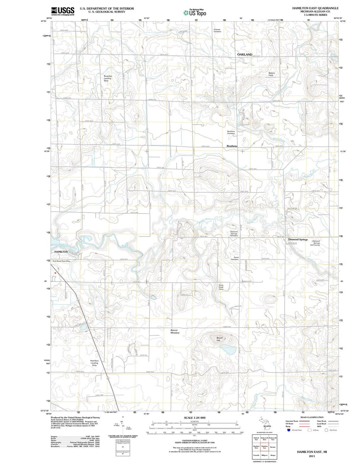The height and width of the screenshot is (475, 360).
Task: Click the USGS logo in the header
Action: point(63,11)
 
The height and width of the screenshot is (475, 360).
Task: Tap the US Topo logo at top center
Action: point(195,13)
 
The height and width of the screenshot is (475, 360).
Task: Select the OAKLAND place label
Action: point(245,54)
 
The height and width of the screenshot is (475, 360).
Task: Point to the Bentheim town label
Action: point(232,146)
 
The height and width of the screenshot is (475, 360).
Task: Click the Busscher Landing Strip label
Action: point(108,78)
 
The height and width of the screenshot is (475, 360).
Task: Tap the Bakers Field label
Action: point(271,74)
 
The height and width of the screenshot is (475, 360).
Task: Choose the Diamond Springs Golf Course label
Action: point(315,243)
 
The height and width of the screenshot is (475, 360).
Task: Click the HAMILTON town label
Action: point(61,252)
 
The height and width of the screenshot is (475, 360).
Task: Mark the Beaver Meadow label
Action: point(175,331)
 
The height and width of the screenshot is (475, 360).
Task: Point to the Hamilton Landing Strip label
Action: point(94,363)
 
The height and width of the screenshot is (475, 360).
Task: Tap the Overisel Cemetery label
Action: point(217,30)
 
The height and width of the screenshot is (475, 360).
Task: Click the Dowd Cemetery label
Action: point(236,258)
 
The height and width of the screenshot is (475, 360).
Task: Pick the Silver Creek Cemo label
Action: point(221,287)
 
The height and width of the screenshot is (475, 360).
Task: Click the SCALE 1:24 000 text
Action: point(195,418)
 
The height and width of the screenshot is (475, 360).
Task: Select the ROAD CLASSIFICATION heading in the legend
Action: point(312,417)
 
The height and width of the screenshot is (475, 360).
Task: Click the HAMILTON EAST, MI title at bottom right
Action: point(312,451)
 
